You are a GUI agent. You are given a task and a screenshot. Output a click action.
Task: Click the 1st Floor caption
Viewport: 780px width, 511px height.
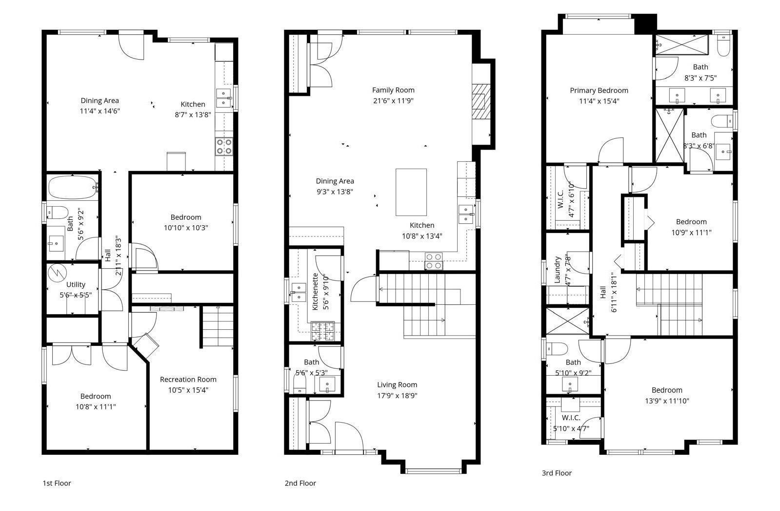pyautogui.click(x=57, y=483)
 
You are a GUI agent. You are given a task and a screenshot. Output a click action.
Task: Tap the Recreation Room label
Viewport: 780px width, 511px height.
pyautogui.click(x=188, y=379)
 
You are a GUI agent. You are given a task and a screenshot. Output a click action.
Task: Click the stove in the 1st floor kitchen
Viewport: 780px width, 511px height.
pyautogui.click(x=224, y=147)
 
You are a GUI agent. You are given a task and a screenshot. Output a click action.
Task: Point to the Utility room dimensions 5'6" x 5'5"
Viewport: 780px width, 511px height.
pyautogui.click(x=76, y=295)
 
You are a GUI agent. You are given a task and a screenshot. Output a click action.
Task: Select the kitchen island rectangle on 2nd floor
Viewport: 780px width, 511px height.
pyautogui.click(x=411, y=192)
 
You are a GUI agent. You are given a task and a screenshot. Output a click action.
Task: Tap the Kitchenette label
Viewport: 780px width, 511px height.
pyautogui.click(x=315, y=292)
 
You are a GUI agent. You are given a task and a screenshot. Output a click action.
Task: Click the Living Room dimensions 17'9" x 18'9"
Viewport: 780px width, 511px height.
pyautogui.click(x=397, y=395)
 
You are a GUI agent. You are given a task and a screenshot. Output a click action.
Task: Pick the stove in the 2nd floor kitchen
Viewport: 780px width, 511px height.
pyautogui.click(x=434, y=261)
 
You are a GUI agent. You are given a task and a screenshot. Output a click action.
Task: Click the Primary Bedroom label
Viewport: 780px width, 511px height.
pyautogui.click(x=599, y=90)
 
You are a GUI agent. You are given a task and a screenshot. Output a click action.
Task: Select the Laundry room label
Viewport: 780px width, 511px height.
pyautogui.click(x=558, y=270)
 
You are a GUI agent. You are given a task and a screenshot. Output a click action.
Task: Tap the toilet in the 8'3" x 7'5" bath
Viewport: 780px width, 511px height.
pyautogui.click(x=724, y=46)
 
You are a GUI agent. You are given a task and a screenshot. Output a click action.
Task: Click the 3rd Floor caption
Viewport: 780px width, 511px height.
pyautogui.click(x=557, y=473)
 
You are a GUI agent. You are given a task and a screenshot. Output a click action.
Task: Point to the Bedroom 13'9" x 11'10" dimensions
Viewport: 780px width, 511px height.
pyautogui.click(x=667, y=401)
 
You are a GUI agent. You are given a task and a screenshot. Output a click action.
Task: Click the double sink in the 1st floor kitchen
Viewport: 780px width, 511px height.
pyautogui.click(x=224, y=98)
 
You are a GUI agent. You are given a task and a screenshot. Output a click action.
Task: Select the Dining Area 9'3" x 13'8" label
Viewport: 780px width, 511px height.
pyautogui.click(x=335, y=181)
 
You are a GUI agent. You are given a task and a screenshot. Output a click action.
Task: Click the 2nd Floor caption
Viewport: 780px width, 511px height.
pyautogui.click(x=300, y=483)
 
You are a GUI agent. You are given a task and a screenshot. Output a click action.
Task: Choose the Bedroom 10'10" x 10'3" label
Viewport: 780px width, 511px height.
pyautogui.click(x=186, y=217)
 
